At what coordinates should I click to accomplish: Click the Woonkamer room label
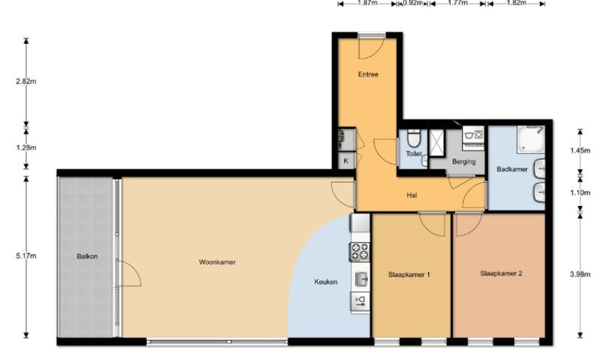[217, 262]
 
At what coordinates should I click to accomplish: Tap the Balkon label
[87, 256]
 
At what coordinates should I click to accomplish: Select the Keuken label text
[326, 282]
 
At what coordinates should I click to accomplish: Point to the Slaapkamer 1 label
[409, 274]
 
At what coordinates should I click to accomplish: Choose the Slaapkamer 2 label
[501, 274]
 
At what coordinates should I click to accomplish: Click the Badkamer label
[512, 169]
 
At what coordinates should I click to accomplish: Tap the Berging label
[464, 161]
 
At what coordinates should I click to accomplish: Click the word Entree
[368, 74]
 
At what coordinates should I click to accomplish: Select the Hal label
[412, 195]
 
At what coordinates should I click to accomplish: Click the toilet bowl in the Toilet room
[413, 138]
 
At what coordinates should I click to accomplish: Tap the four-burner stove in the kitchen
[359, 251]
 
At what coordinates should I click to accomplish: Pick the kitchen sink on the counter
[361, 279]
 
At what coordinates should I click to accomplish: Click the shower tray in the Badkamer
[531, 139]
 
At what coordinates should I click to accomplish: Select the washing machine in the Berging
[474, 138]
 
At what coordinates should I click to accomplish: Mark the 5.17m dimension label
[26, 256]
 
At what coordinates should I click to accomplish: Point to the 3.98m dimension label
[580, 274]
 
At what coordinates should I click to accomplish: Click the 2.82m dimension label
[26, 81]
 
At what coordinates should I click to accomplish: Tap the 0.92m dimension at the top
[413, 3]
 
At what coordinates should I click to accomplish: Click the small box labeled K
[346, 161]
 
